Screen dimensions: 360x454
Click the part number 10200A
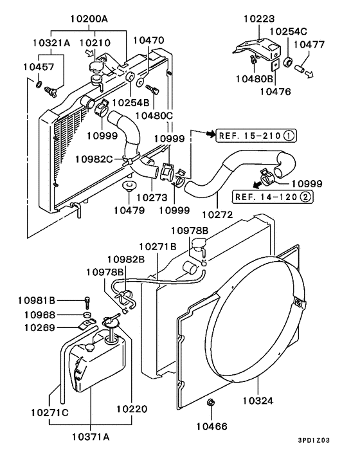pyautogui.click(x=89, y=19)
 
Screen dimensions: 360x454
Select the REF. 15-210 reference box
pyautogui.click(x=256, y=135)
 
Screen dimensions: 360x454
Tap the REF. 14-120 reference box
pyautogui.click(x=273, y=197)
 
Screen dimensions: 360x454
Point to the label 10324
pyautogui.click(x=258, y=401)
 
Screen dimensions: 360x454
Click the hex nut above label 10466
pyautogui.click(x=211, y=402)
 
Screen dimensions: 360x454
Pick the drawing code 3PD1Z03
pyautogui.click(x=314, y=440)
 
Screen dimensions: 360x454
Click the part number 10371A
pyautogui.click(x=91, y=437)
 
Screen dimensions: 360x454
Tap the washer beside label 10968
pyautogui.click(x=87, y=315)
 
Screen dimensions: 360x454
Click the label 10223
pyautogui.click(x=258, y=19)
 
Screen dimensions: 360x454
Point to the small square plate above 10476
pyautogui.click(x=275, y=66)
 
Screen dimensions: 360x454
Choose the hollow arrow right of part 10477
pyautogui.click(x=309, y=74)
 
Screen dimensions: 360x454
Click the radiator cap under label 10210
pyautogui.click(x=95, y=66)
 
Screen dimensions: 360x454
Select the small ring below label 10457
pyautogui.click(x=39, y=85)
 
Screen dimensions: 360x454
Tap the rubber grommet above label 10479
pyautogui.click(x=129, y=185)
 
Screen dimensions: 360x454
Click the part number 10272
pyautogui.click(x=217, y=215)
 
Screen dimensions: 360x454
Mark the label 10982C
pyautogui.click(x=94, y=159)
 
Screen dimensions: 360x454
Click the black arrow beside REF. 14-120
pyautogui.click(x=256, y=185)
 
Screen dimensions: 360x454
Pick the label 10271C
pyautogui.click(x=50, y=412)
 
